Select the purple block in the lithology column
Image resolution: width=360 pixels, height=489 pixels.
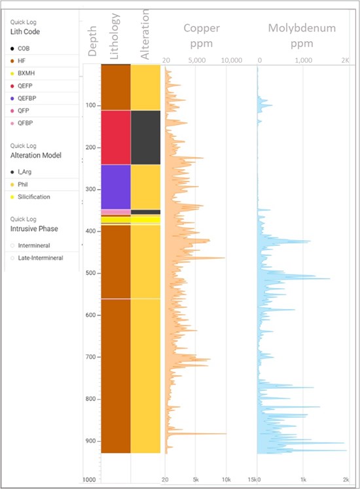[x=116, y=187]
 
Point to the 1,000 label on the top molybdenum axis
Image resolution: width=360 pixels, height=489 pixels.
[x=303, y=60]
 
